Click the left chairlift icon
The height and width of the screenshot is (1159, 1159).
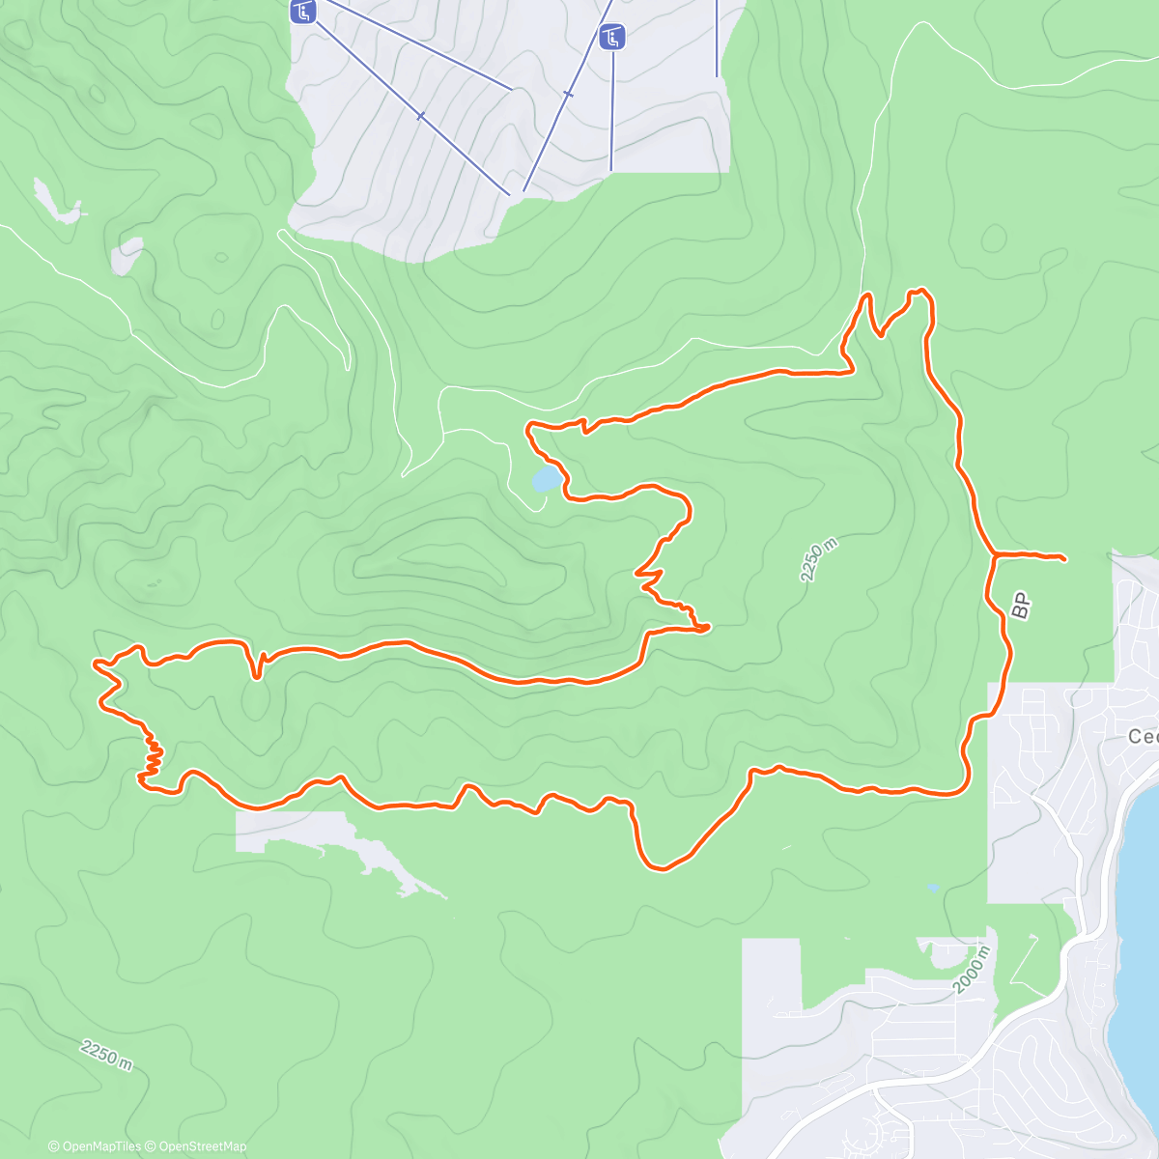pos(303,13)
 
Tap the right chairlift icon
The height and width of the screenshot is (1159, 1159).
pos(612,38)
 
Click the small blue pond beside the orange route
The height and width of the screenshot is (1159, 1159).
pos(546,478)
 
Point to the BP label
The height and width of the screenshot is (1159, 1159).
pos(1021,605)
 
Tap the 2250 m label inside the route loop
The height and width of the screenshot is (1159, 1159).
pos(818,560)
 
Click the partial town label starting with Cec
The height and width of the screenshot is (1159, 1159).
pos(1143,737)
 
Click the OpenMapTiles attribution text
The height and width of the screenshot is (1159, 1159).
pos(100,1146)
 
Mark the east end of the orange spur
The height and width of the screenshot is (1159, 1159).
pos(1062,558)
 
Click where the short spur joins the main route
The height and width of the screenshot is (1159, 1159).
pos(994,554)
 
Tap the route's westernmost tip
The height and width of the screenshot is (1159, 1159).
pos(95,664)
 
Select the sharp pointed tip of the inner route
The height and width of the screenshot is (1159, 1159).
pos(708,628)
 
